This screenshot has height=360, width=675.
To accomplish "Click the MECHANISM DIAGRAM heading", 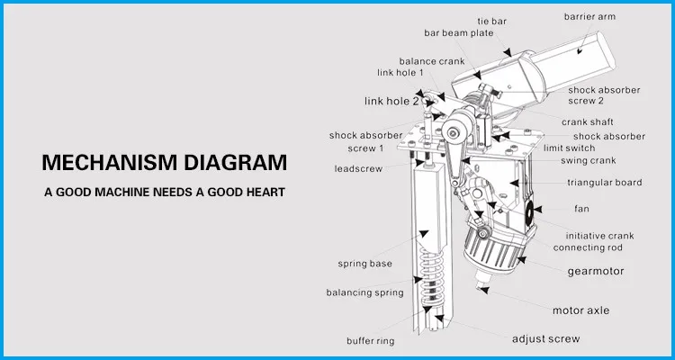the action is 166,164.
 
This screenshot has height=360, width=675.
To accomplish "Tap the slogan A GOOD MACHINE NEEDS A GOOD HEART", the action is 166,193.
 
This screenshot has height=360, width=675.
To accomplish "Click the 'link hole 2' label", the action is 391,101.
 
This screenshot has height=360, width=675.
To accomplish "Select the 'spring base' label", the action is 364,264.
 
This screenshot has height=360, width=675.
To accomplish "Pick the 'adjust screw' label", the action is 545,339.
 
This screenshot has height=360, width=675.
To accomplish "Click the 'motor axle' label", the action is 580,310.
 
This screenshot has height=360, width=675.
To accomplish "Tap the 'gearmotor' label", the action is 595,270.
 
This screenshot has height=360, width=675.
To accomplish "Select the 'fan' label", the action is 582,208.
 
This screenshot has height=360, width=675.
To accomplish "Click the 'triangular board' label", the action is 603,183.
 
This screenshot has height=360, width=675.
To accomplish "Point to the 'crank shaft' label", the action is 589,121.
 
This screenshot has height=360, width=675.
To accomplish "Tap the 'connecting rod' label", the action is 587,247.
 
